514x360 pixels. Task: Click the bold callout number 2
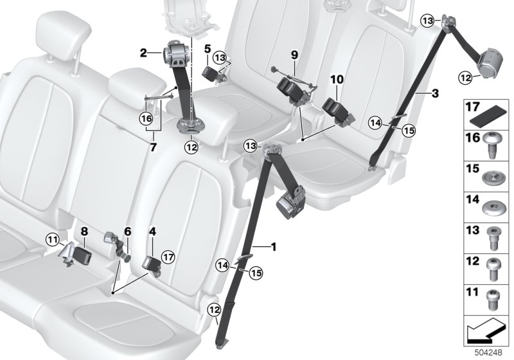point(143,53)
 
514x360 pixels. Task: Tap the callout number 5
point(207,50)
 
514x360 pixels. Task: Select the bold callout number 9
point(294,55)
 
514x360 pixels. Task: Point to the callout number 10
point(337,79)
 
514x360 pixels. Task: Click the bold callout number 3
point(435,93)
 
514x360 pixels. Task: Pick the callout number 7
point(154,148)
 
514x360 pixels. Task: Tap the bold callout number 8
point(84,231)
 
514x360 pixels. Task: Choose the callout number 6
point(127,231)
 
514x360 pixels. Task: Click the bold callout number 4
point(152,231)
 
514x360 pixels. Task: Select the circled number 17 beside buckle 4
point(168,256)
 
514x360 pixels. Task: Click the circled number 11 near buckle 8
point(53,239)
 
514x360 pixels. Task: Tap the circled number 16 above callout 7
point(146,119)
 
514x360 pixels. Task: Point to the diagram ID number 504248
point(489,353)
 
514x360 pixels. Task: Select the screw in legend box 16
point(492,145)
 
